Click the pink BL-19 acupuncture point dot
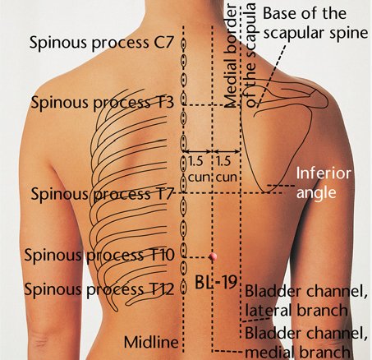click(213, 256)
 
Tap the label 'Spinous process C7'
click(102, 43)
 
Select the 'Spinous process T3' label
click(103, 103)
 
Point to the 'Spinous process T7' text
click(103, 194)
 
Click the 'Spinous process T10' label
click(99, 256)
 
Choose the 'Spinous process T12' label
click(99, 289)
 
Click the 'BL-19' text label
click(216, 282)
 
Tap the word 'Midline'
click(151, 342)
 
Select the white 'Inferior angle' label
click(324, 183)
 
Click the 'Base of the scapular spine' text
click(315, 24)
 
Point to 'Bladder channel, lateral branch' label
click(305, 301)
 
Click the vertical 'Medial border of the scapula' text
click(240, 55)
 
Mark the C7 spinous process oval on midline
click(184, 44)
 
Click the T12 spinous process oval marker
click(184, 288)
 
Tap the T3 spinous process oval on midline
click(184, 99)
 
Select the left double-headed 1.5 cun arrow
click(197, 151)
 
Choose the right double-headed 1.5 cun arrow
click(226, 151)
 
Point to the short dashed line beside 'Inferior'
click(281, 186)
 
